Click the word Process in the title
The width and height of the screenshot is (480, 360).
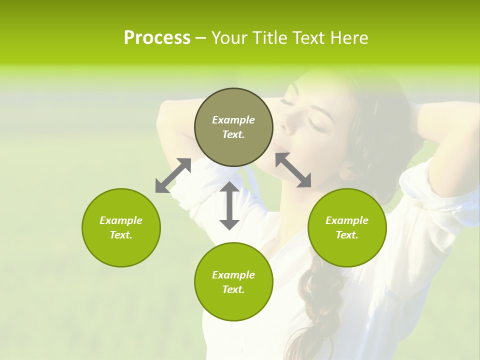157,38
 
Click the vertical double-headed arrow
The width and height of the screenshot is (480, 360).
229,205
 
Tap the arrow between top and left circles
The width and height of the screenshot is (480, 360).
173,175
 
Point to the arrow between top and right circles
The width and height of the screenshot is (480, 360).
293,170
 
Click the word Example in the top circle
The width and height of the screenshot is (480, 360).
233,120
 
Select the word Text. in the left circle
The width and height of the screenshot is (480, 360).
121,235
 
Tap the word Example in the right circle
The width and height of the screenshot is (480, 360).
347,220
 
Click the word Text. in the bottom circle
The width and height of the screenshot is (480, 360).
233,289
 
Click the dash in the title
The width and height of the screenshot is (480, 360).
200,38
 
